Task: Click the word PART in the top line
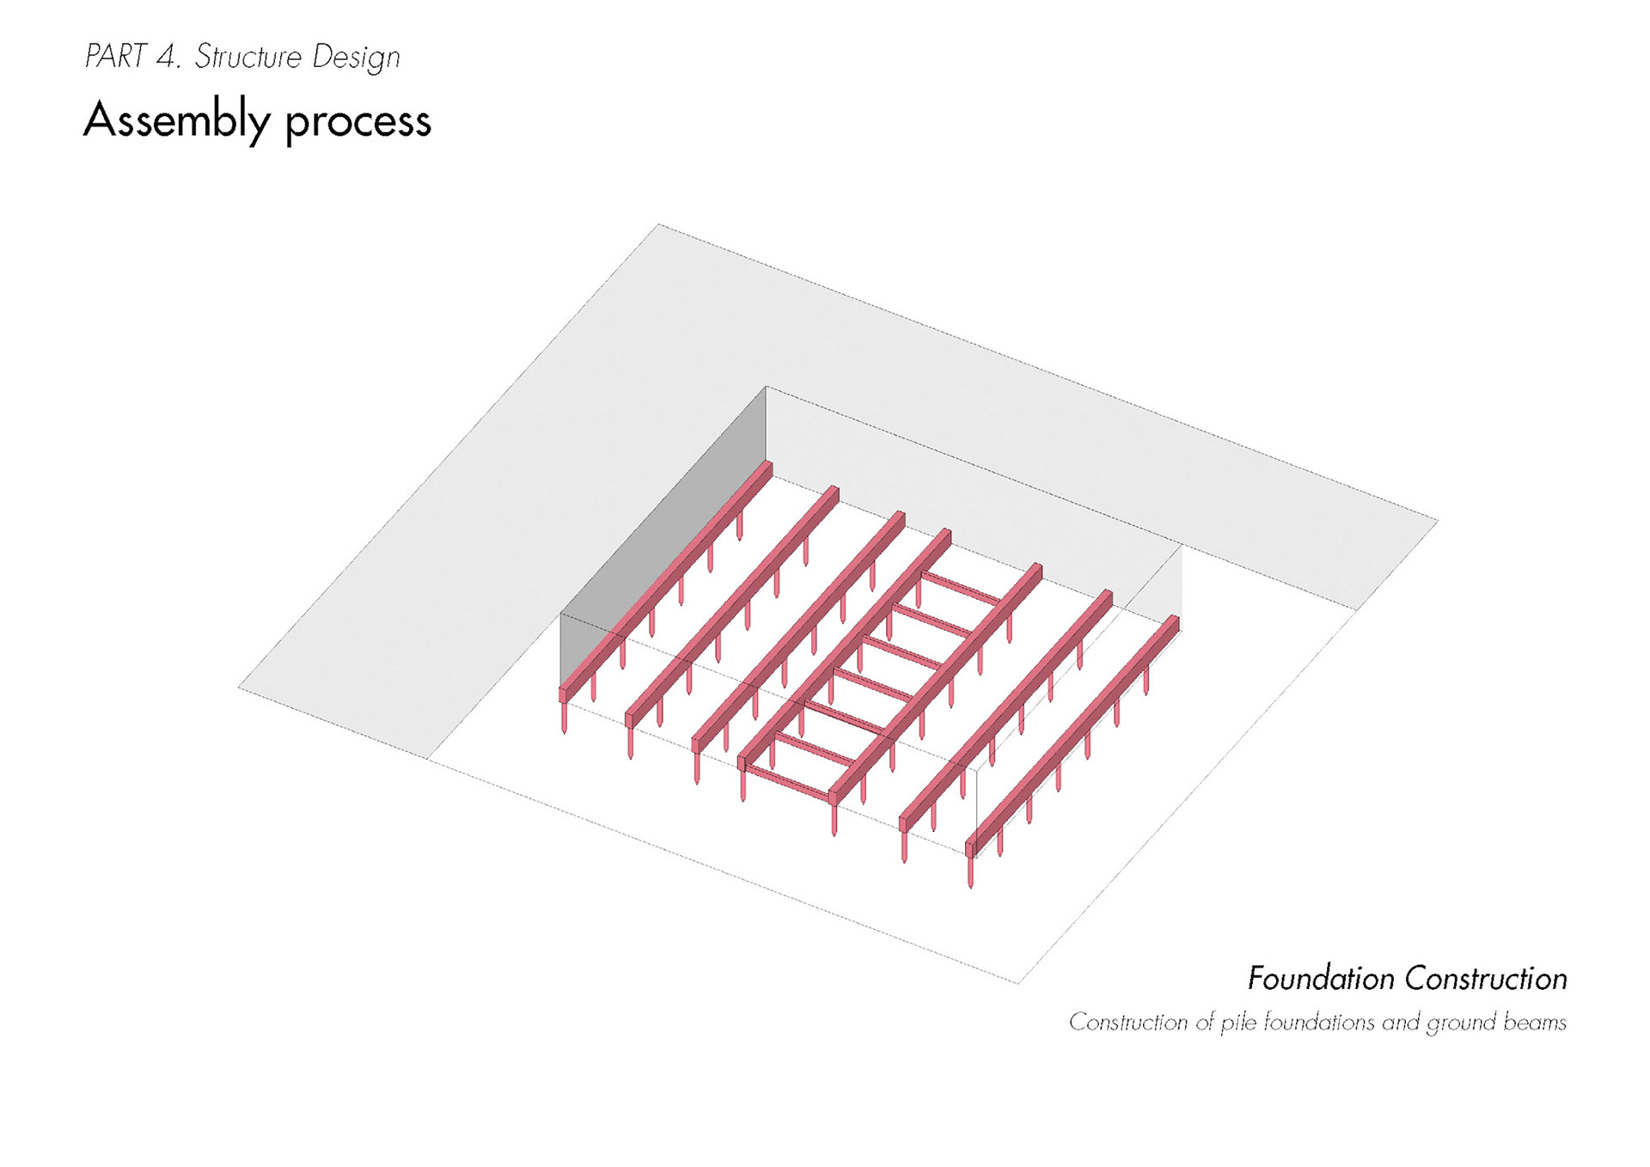115,57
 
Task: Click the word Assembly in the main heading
177,120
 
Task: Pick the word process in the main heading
357,123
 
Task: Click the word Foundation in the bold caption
1321,979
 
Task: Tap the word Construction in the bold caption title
1486,979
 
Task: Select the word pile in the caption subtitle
1238,1023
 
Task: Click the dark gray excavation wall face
662,533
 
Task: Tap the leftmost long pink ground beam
666,580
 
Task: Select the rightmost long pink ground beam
1074,735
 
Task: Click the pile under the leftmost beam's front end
565,718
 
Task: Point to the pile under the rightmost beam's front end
971,872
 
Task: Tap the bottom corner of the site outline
1017,982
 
